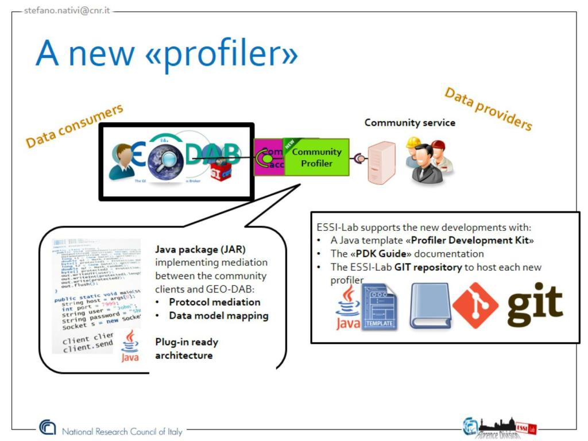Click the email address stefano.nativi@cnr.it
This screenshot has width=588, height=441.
coord(67,10)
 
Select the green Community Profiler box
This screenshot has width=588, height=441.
coord(317,157)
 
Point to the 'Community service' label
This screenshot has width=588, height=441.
coord(409,122)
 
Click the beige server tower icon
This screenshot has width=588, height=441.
coord(381,163)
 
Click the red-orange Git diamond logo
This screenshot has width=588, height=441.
coord(475,305)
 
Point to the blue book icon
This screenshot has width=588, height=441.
coord(430,306)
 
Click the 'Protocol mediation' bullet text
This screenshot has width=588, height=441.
coord(214,302)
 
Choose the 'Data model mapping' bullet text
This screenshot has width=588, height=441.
coord(218,315)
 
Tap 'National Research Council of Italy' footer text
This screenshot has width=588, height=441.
coord(122,431)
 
